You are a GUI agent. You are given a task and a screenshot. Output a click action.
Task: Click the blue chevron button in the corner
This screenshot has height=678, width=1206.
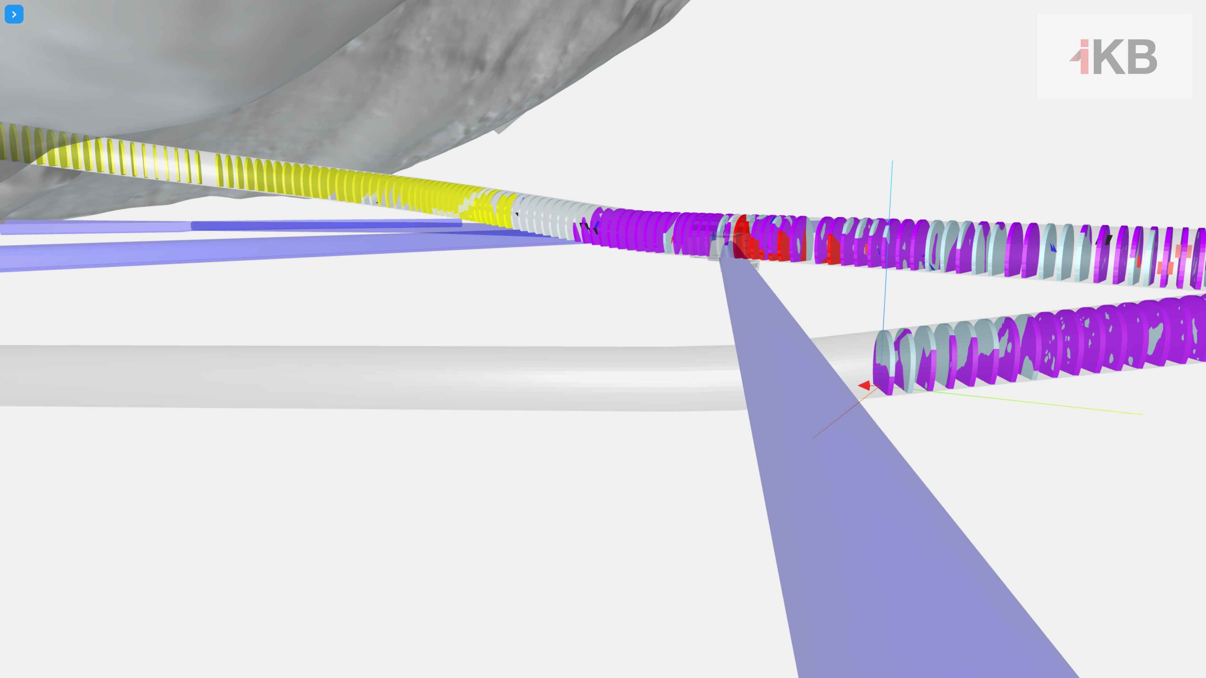[x=14, y=14]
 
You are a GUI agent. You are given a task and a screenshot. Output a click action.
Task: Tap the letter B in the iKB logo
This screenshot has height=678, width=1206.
[x=1142, y=57]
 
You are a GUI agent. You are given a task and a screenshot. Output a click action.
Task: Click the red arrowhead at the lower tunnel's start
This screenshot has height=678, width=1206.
[x=865, y=385]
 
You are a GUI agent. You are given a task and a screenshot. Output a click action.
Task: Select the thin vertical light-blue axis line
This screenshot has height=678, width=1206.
[x=888, y=262]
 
